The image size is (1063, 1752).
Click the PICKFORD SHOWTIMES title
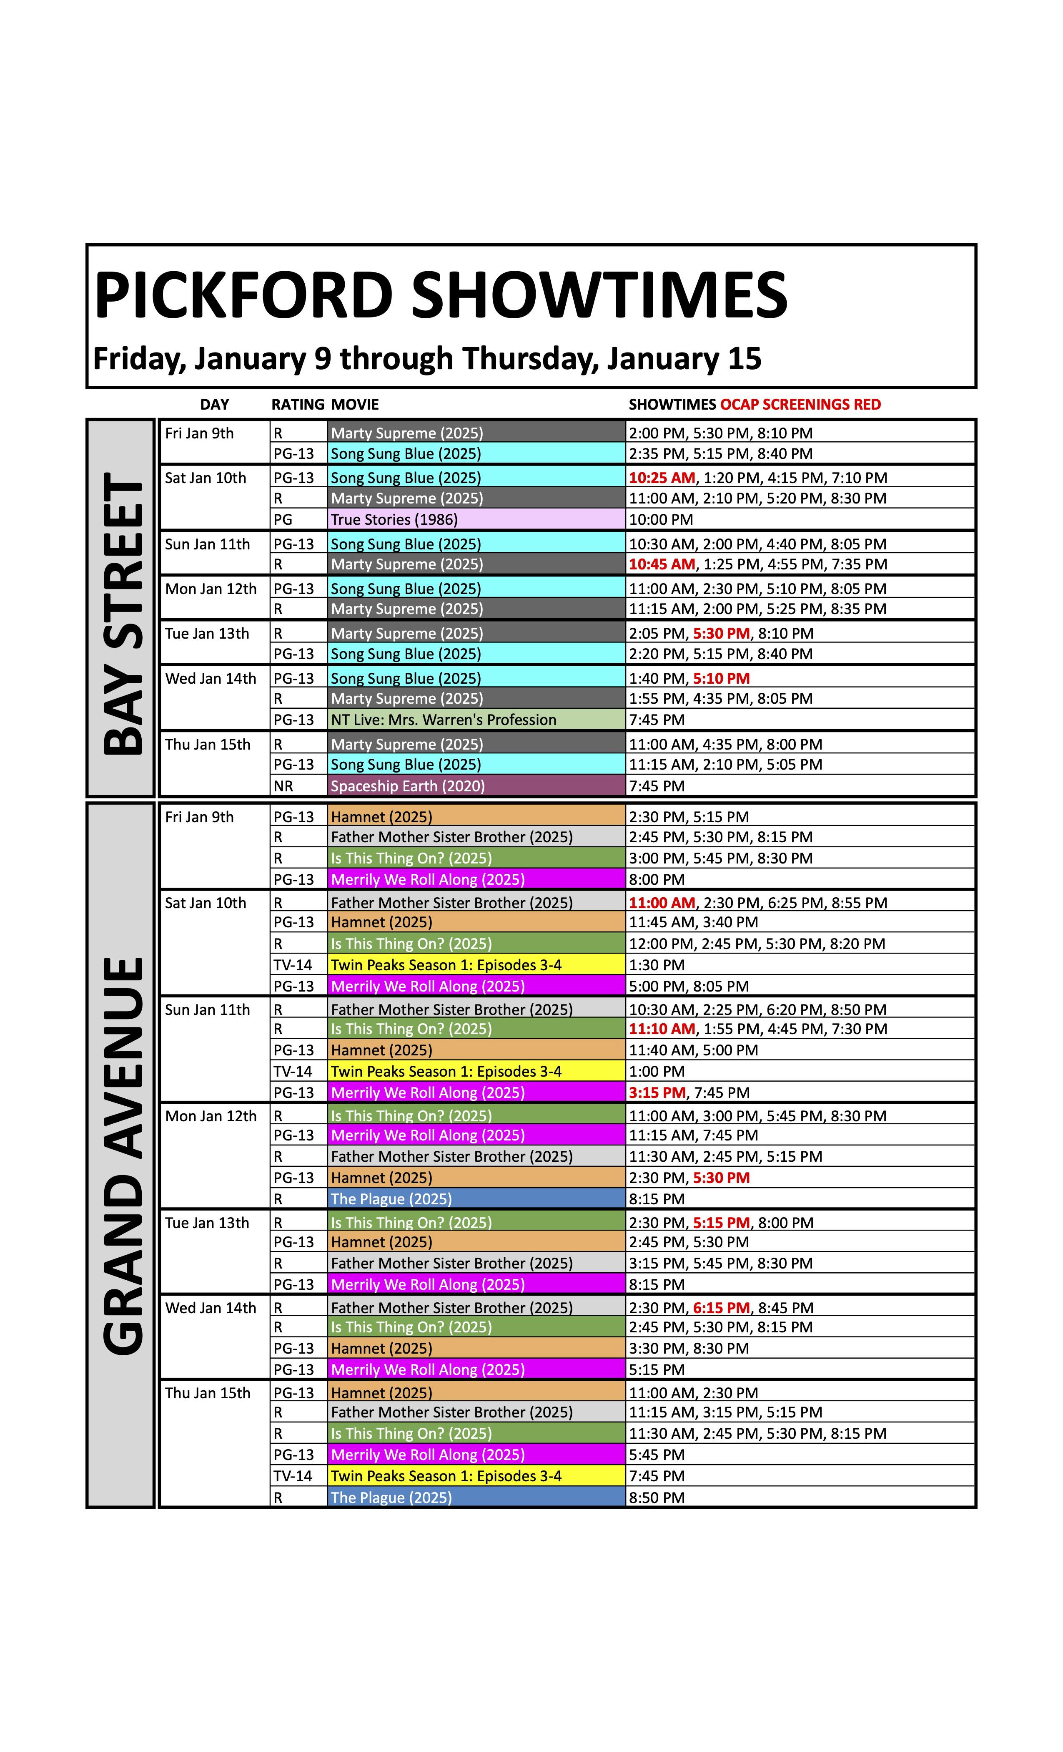point(441,295)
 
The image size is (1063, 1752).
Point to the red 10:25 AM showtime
point(662,478)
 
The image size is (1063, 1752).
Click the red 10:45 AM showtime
point(662,564)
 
